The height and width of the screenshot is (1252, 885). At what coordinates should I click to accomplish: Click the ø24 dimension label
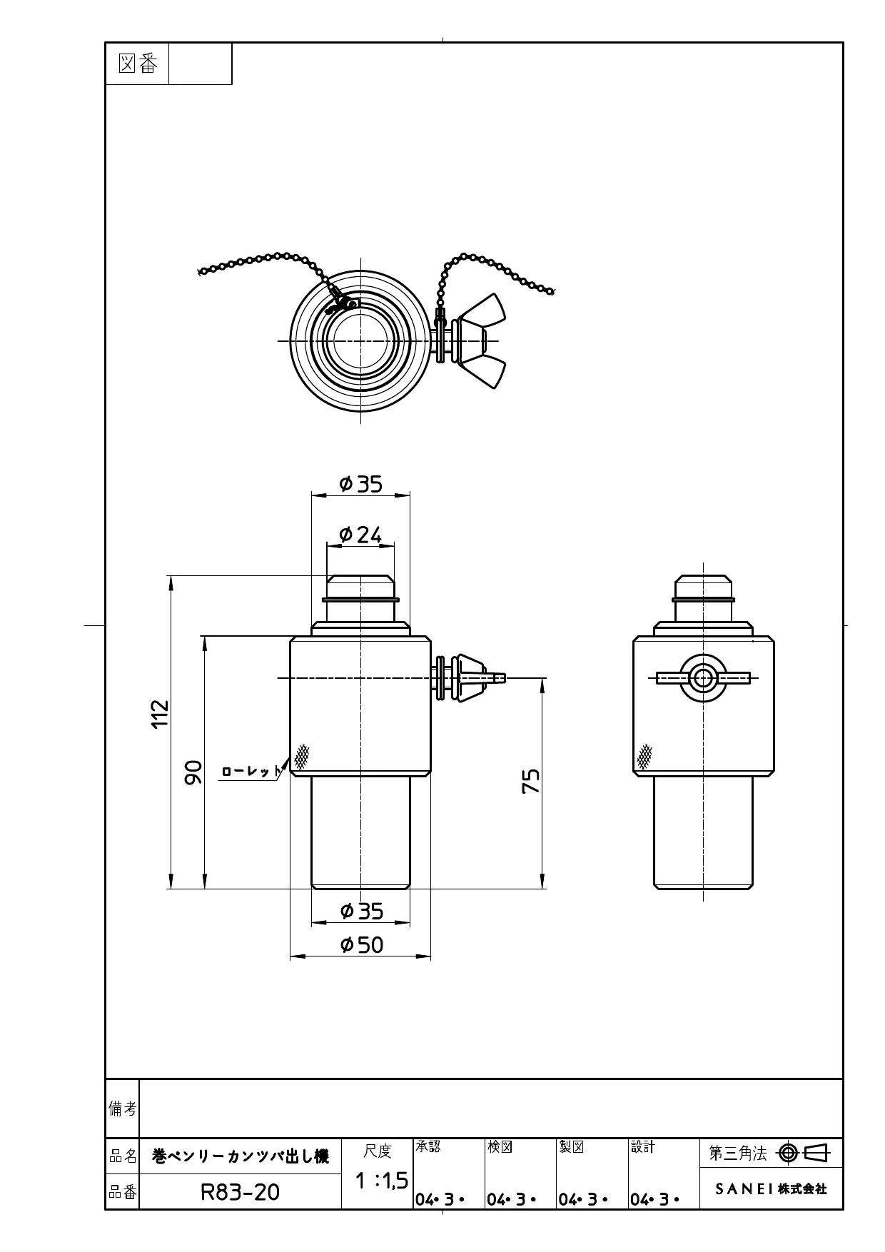360,534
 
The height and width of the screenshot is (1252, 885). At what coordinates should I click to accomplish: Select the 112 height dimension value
161,714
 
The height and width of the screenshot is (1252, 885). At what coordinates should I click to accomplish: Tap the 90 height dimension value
193,772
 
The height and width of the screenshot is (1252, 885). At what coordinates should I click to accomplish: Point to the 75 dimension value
531,781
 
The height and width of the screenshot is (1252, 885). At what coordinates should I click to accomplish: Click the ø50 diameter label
362,945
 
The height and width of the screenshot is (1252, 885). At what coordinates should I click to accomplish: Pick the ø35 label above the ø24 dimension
361,484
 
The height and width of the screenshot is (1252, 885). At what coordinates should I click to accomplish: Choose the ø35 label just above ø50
362,911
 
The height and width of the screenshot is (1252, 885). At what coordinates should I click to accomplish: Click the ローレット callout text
251,772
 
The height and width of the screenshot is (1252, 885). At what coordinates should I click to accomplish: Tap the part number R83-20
240,1191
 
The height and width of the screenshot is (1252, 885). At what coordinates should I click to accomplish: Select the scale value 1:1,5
382,1181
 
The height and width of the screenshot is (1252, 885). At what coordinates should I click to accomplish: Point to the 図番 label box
138,64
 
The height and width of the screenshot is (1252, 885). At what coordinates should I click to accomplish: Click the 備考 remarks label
122,1108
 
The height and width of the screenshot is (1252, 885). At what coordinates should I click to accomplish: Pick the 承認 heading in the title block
428,1146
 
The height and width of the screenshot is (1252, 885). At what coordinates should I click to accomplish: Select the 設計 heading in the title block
643,1146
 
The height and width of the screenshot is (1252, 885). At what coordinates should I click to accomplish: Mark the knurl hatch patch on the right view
644,756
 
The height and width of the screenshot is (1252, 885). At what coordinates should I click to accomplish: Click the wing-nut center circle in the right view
703,677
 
